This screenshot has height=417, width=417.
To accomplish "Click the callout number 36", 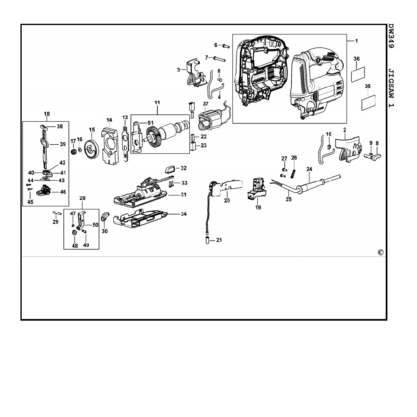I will (357, 59).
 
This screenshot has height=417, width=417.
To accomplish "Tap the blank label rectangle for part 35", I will (367, 102).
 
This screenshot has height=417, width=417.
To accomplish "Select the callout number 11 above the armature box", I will (157, 102).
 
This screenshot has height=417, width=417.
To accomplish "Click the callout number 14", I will (109, 120).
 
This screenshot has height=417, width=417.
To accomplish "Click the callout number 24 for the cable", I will (309, 169).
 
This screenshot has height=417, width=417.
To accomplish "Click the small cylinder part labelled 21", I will (207, 240).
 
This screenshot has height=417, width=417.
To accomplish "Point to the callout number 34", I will (184, 214).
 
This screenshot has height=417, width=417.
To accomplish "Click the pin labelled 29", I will (58, 213).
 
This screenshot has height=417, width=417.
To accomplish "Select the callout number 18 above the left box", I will (47, 113).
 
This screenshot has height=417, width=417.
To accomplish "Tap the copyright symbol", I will (380, 252).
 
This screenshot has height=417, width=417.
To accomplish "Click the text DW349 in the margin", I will (391, 37).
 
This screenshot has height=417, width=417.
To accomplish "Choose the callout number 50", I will (95, 225).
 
